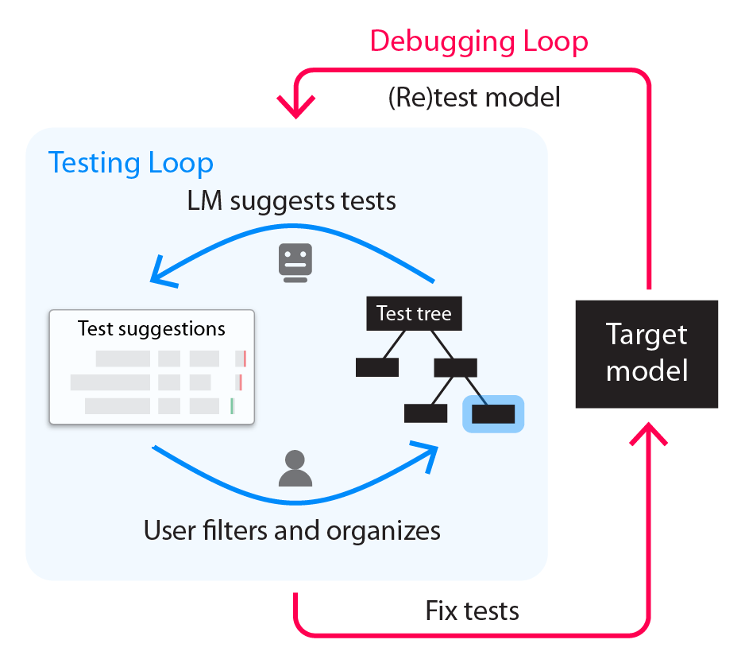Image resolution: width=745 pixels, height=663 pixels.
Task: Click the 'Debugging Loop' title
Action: pyautogui.click(x=479, y=41)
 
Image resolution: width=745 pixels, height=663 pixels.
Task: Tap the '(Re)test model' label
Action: pyautogui.click(x=474, y=97)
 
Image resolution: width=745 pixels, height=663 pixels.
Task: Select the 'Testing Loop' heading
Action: pyautogui.click(x=131, y=163)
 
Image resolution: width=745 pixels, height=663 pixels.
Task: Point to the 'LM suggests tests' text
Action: pyautogui.click(x=291, y=200)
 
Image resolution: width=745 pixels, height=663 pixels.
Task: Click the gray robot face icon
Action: pyautogui.click(x=295, y=262)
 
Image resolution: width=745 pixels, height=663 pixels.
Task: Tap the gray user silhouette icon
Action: pyautogui.click(x=295, y=469)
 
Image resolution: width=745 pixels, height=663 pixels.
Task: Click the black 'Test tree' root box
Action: pyautogui.click(x=414, y=313)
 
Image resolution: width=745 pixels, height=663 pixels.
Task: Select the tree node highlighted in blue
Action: pyautogui.click(x=493, y=414)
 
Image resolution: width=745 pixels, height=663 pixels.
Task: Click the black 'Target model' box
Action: pyautogui.click(x=647, y=354)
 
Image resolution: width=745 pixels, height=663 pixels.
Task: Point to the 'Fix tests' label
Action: pyautogui.click(x=472, y=611)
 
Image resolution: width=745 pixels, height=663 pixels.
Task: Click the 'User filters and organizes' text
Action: pyautogui.click(x=291, y=529)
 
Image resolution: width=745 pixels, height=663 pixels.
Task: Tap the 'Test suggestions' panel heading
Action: pyautogui.click(x=152, y=328)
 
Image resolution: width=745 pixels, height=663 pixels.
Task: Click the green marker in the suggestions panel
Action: pyautogui.click(x=232, y=406)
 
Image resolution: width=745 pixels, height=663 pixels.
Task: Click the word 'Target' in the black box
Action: pyautogui.click(x=647, y=335)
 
